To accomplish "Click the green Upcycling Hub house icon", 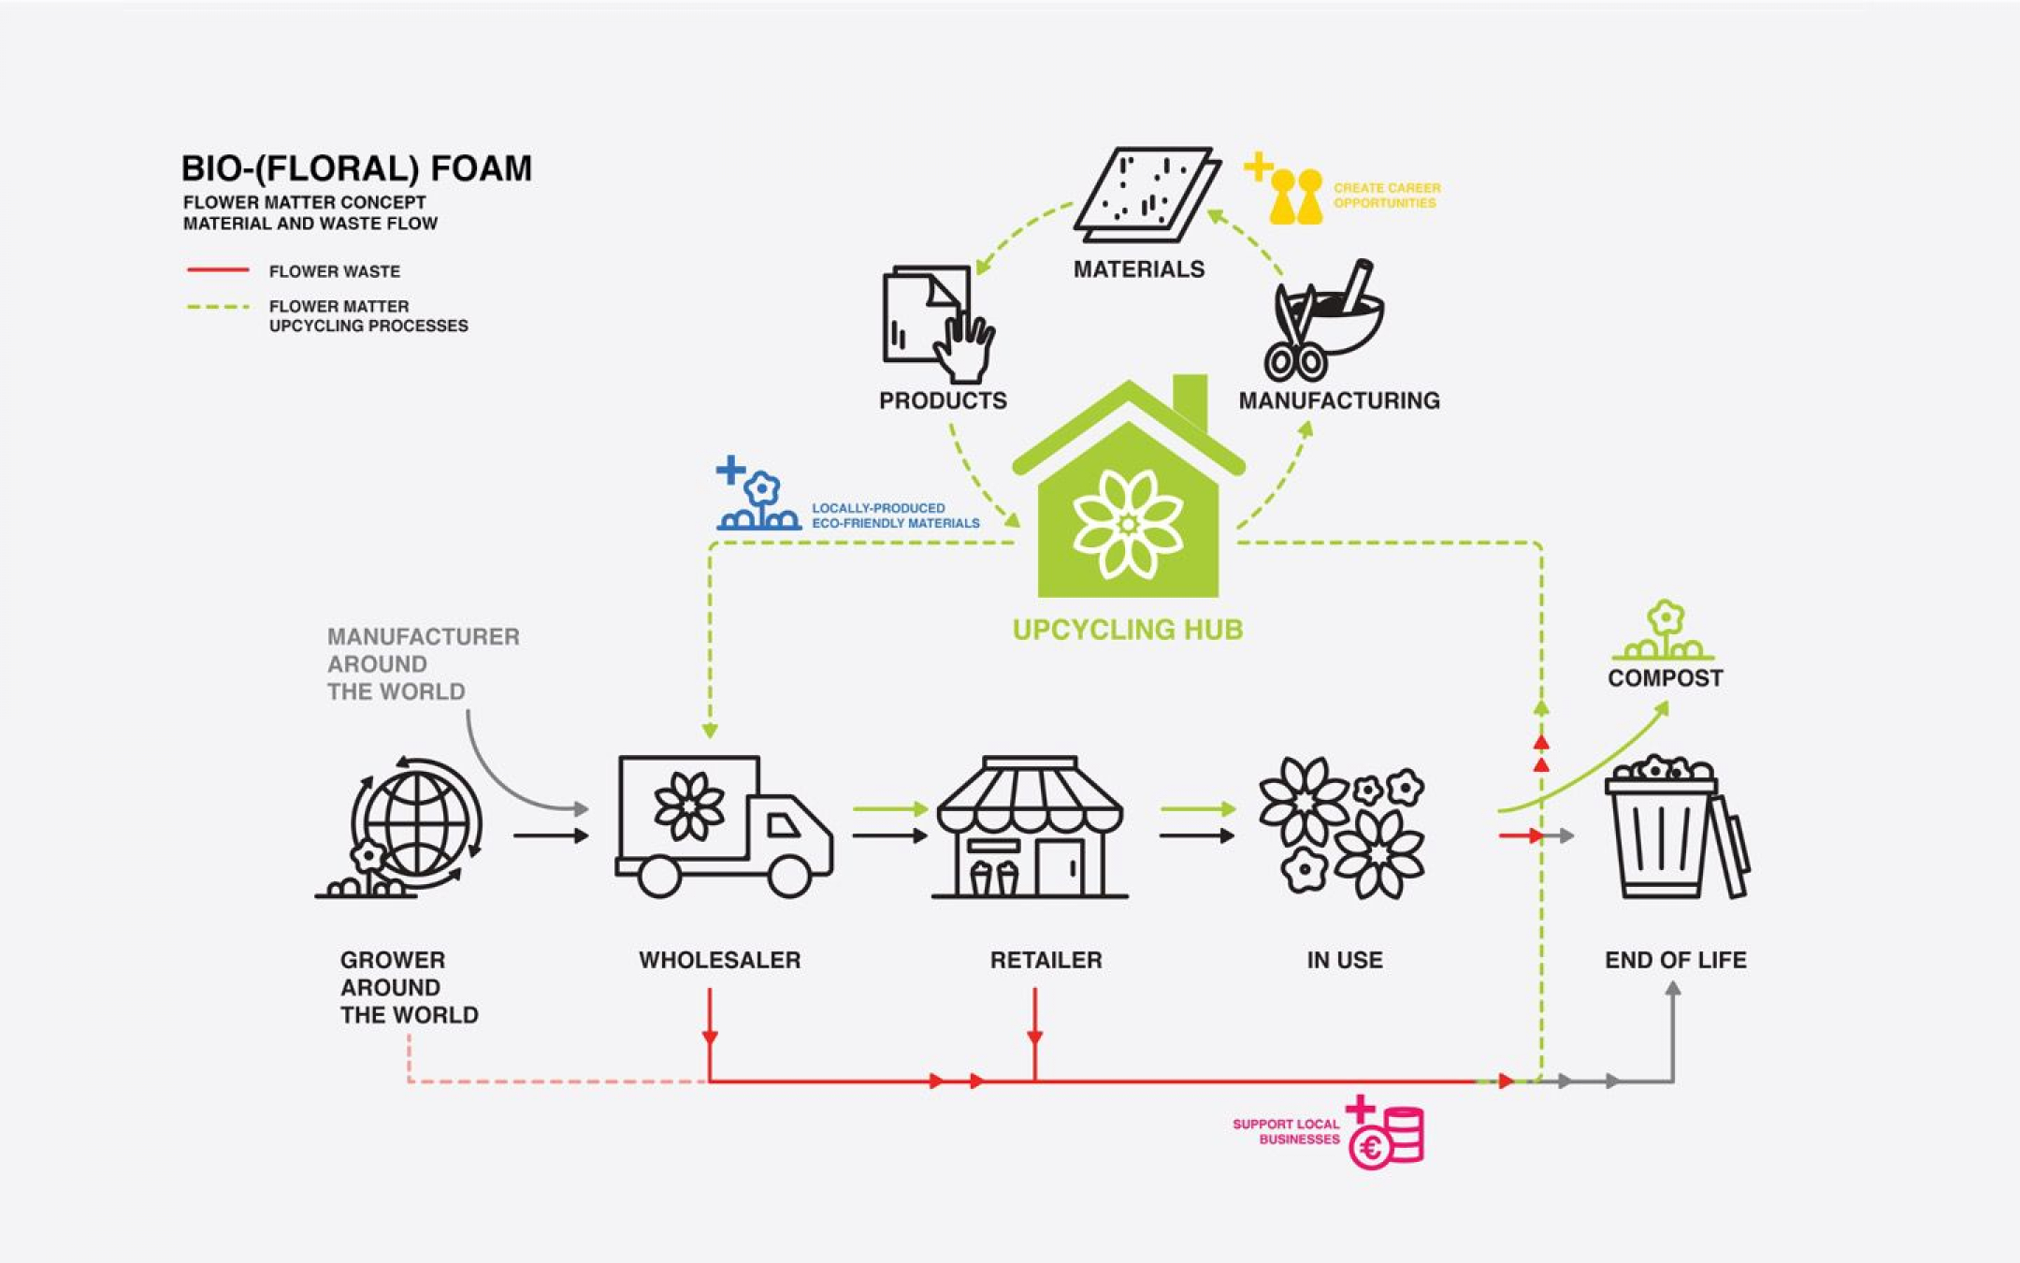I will pos(1128,505).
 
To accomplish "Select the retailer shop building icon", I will pos(1030,829).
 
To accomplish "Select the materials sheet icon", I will pos(1146,194).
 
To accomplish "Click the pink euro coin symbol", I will pos(1371,1148).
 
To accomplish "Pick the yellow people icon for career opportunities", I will pos(1296,197).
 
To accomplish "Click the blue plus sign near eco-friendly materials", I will pos(730,470).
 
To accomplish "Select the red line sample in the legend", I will pos(218,270).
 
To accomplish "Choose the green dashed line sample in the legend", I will pos(218,306).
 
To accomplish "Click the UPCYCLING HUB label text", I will pos(1128,630).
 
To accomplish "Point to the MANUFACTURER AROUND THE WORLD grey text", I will pos(423,664).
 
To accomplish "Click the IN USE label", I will pos(1344,960).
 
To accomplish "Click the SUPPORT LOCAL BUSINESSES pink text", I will pos(1286,1131).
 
